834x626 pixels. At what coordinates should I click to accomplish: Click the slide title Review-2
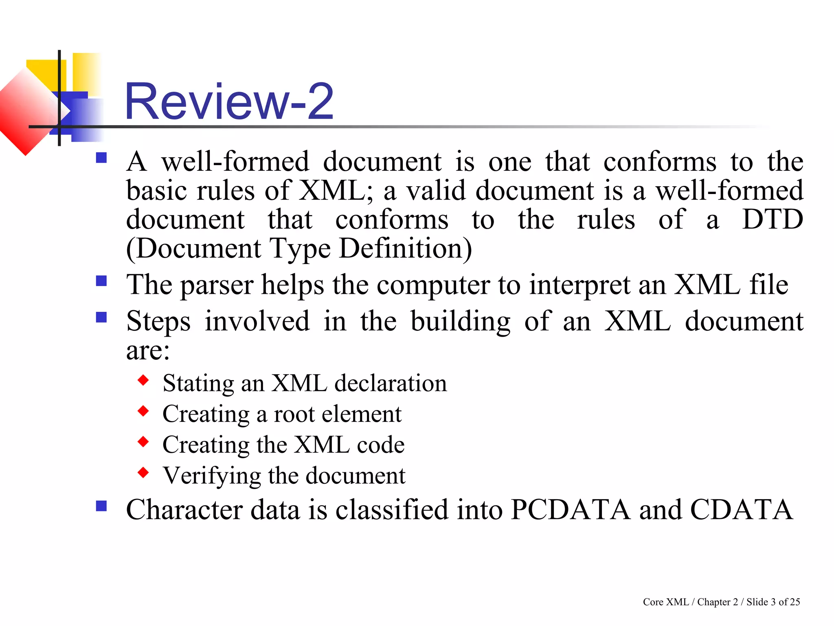pos(229,101)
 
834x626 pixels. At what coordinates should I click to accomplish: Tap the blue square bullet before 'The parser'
pos(101,281)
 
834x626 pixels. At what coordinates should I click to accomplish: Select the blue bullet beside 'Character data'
pos(101,506)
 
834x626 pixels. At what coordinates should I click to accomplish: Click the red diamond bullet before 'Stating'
pos(143,380)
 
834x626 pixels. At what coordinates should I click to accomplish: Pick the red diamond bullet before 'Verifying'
pos(143,472)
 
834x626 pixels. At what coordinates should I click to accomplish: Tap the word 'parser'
pos(217,285)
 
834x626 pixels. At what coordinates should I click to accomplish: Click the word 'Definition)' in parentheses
pos(405,249)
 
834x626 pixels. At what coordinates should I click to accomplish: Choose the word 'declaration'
pos(391,384)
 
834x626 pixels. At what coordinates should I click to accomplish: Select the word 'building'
pos(460,322)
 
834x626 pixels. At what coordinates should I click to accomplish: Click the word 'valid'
pos(436,191)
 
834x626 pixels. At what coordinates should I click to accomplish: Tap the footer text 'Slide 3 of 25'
pos(773,602)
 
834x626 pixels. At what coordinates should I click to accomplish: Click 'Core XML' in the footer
pos(665,602)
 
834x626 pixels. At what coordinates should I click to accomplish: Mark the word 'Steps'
pos(158,322)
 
